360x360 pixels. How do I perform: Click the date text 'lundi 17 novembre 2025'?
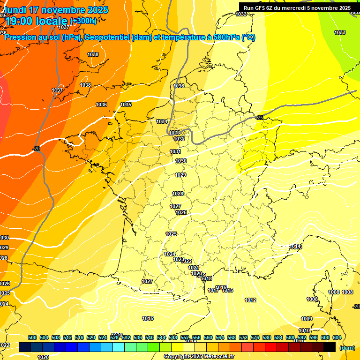(56, 10)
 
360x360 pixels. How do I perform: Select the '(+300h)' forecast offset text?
(83, 21)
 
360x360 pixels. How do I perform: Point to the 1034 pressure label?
(162, 121)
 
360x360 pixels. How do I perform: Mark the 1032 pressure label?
(179, 139)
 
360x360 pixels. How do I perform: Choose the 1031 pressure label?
(175, 151)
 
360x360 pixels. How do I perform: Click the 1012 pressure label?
(250, 300)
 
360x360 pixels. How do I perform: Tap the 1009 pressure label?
(306, 319)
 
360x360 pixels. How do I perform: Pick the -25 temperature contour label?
(260, 117)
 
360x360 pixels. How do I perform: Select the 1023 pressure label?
(179, 259)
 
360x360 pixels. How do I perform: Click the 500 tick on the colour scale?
(32, 337)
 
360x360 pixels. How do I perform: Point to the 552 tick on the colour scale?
(185, 337)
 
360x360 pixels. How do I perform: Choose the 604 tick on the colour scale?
(337, 337)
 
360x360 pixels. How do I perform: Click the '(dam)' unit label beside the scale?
(347, 347)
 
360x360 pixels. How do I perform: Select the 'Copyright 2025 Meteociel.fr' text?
(199, 356)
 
